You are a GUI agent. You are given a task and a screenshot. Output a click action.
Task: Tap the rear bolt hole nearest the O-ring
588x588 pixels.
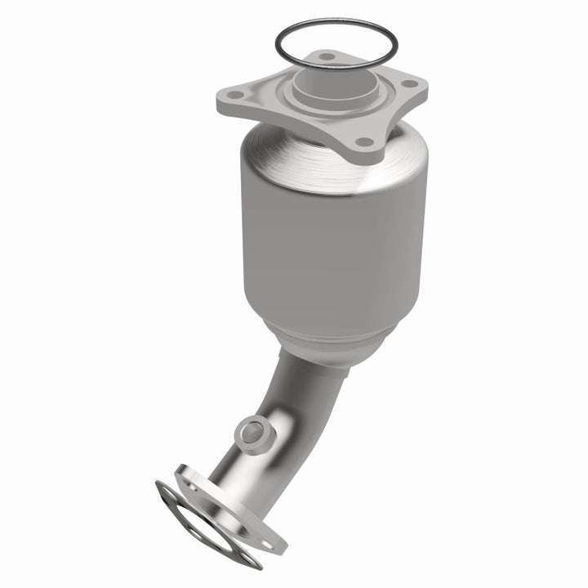[x=327, y=57]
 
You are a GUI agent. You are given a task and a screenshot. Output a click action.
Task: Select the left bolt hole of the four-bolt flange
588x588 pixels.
[x=236, y=96]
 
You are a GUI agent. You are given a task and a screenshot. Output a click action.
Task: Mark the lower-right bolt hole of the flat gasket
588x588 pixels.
[x=246, y=559]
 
